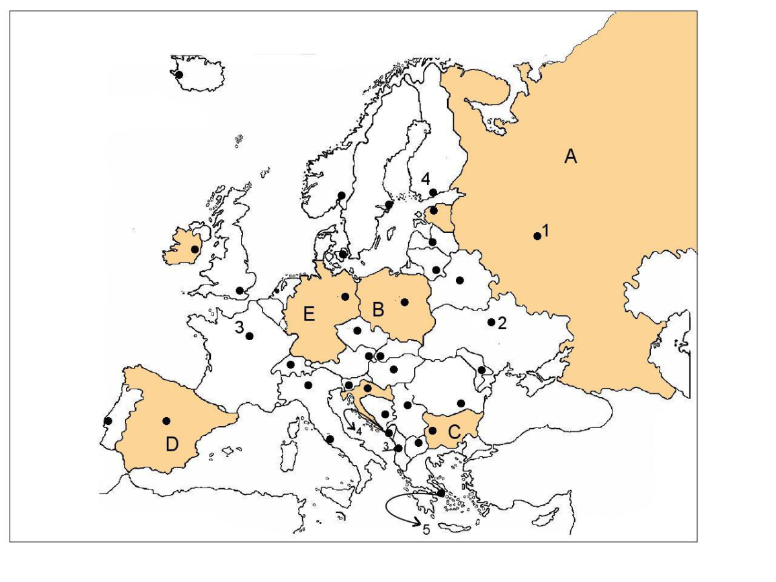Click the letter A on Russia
[x=570, y=156]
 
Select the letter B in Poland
[x=378, y=309]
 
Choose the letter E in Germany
[x=309, y=316]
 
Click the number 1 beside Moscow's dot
[x=546, y=230]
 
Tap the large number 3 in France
[x=239, y=327]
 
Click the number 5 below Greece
[x=426, y=530]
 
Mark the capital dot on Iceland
[x=179, y=75]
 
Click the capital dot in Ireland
[x=195, y=249]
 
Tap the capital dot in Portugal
[x=108, y=421]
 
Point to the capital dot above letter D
[x=166, y=421]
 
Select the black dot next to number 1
[x=537, y=236]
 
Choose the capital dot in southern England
[x=240, y=290]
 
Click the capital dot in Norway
[x=341, y=195]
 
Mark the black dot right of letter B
[x=405, y=301]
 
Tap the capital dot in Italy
[x=330, y=439]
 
